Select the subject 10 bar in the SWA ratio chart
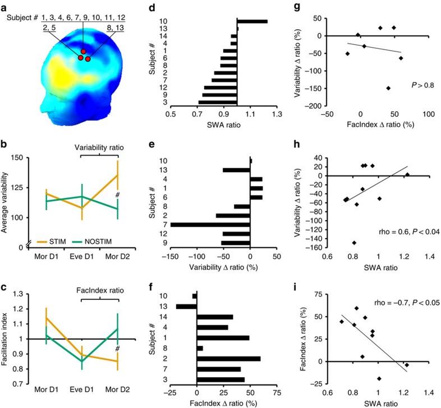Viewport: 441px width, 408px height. (x=252, y=21)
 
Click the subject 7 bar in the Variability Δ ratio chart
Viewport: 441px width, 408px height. (x=210, y=224)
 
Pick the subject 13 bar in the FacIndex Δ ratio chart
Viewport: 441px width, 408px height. (x=186, y=306)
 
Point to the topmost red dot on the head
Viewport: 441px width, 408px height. (x=84, y=52)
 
